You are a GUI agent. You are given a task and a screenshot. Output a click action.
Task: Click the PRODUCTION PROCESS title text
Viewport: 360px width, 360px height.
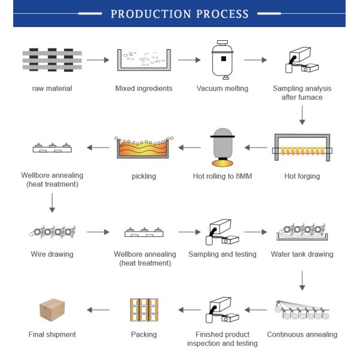179,14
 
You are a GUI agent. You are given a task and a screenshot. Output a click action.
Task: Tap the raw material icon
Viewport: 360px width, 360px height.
52,60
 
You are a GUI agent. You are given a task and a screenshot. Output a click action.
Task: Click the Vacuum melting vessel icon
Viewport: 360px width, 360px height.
222,59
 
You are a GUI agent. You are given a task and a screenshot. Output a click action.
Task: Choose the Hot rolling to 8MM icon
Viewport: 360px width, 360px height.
222,148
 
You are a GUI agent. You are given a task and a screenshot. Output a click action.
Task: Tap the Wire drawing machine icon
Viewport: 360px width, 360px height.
52,231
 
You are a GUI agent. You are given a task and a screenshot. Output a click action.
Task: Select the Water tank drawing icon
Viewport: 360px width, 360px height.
302,230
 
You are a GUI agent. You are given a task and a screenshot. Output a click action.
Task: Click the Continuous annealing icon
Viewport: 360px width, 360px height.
302,310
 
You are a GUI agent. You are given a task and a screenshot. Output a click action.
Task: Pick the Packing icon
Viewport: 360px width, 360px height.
143,310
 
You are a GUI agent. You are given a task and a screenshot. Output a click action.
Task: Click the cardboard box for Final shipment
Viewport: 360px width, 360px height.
52,310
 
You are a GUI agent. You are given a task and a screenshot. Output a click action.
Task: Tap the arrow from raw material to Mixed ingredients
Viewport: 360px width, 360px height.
98,60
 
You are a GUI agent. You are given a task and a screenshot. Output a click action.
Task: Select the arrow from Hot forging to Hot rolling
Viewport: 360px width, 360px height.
256,147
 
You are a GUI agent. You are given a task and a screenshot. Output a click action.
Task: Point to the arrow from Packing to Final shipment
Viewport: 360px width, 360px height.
98,310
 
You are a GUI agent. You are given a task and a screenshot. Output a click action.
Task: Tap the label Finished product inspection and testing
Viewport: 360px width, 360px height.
222,339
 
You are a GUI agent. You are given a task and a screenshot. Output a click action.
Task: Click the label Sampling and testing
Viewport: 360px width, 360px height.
222,254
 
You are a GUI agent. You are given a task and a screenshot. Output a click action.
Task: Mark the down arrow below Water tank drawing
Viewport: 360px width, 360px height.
302,279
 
